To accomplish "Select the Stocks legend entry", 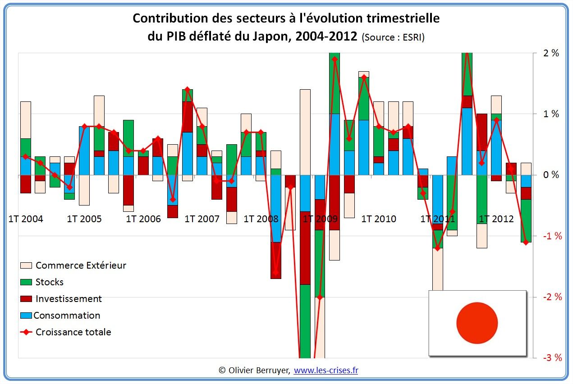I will pos(49,282).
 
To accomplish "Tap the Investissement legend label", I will pos(69,299).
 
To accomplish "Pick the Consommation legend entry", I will pos(67,315).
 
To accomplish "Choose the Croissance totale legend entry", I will pos(73,332).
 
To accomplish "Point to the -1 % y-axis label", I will pos(551,236).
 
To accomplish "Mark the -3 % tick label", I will pos(551,358).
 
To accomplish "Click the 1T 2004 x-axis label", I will pos(26,219).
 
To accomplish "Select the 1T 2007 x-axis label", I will pos(202,219).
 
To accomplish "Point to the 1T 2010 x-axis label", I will pos(379,219).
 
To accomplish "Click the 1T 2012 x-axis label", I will pos(496,219).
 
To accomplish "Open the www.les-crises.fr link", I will pos(326,370).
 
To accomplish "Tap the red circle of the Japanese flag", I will pos(477,323).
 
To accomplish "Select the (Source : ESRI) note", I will pos(393,37).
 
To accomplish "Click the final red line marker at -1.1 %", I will pos(526,242).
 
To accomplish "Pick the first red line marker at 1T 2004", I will pos(26,156).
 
